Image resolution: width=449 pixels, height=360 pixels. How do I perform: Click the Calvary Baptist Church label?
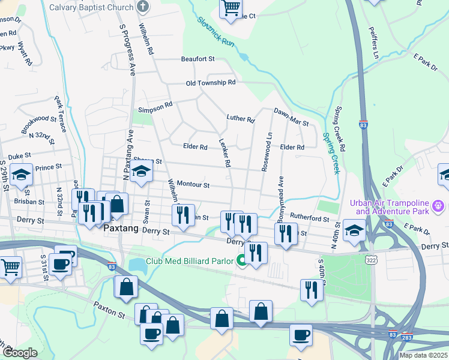[91, 7]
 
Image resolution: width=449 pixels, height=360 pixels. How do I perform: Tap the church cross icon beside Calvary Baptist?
[143, 7]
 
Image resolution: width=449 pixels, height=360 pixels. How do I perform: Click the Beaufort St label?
[198, 59]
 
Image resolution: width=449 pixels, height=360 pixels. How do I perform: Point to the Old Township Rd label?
[211, 83]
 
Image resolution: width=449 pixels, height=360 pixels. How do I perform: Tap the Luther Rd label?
[241, 119]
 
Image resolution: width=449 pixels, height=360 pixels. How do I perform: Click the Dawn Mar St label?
[291, 117]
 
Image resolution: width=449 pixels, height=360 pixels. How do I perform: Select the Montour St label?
[193, 186]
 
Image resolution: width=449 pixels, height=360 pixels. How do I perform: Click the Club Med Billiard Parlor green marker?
[241, 260]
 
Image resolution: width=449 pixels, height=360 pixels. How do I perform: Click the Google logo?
[20, 353]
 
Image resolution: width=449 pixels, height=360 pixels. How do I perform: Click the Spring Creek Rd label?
[340, 129]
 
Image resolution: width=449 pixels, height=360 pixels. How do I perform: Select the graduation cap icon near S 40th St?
[354, 230]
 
